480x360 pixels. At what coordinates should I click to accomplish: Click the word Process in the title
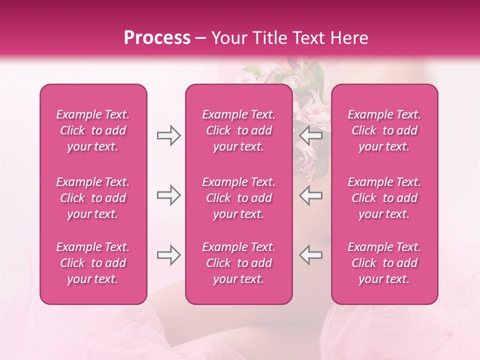(157, 38)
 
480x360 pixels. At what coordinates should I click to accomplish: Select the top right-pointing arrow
(168, 135)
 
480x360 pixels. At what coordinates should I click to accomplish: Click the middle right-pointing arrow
(168, 195)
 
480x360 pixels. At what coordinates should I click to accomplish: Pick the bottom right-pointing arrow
(168, 255)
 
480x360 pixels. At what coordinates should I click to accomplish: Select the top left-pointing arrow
(310, 135)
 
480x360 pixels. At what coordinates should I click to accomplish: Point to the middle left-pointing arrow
(310, 195)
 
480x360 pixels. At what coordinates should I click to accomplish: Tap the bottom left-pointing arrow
(310, 255)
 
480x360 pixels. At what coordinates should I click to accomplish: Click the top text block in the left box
(93, 130)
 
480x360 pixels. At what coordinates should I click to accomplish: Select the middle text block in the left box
(93, 198)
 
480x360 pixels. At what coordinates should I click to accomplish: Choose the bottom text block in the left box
(93, 263)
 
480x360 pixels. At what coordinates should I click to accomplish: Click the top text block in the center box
(239, 130)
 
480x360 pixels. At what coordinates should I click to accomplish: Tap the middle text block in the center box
(239, 198)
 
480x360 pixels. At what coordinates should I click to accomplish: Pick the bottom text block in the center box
(239, 263)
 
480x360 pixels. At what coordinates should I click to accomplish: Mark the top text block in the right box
(384, 130)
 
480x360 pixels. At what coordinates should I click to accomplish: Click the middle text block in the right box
(384, 198)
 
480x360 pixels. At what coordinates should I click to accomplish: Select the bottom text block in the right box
(384, 263)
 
